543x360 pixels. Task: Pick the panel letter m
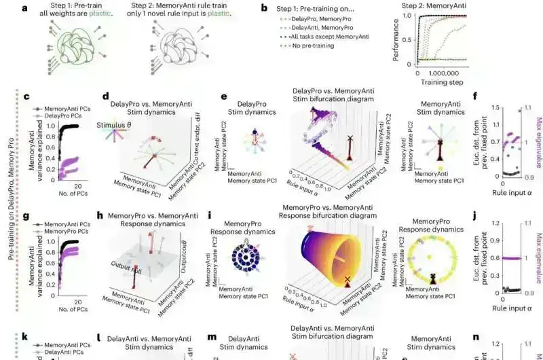[x=212, y=337]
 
